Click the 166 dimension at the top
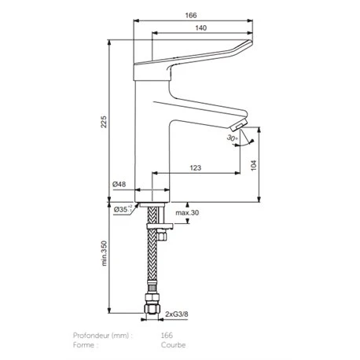(191, 15)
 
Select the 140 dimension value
(201, 28)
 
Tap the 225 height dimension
(104, 122)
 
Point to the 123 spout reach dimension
(196, 167)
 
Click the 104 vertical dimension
(254, 165)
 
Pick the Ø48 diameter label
(119, 184)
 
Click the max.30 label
(187, 212)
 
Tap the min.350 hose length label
(105, 253)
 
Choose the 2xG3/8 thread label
(177, 314)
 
